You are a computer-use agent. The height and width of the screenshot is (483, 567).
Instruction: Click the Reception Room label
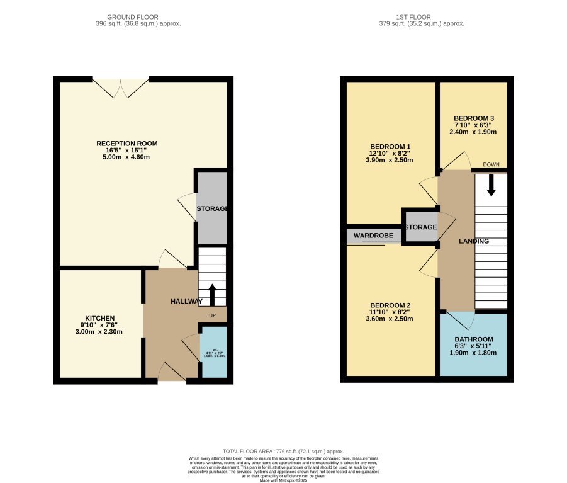point(126,144)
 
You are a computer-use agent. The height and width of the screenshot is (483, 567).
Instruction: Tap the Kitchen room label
point(100,318)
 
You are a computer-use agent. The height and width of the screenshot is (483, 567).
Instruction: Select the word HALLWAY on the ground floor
point(187,302)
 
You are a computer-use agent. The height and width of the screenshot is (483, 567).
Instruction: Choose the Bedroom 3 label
point(474,118)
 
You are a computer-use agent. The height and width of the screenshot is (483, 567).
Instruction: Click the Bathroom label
point(474,339)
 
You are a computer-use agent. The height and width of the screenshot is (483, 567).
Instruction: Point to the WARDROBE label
point(373,236)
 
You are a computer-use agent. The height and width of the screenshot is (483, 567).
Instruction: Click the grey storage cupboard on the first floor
point(421,227)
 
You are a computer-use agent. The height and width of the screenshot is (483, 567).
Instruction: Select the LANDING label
point(474,241)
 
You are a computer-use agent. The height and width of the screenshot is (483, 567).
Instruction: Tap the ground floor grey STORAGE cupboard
point(212,208)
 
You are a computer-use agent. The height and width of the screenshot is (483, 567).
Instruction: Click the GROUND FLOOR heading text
point(133,17)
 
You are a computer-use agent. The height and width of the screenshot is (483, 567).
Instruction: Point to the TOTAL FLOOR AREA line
point(283,452)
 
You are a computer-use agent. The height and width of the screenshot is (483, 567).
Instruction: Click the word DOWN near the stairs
point(491,164)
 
